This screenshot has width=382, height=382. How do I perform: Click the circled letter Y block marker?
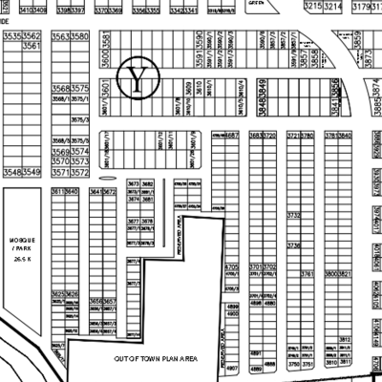(x=139, y=77)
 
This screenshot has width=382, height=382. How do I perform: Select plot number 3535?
(x=12, y=35)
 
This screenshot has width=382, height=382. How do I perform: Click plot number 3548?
(x=12, y=172)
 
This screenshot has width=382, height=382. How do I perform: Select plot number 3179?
(x=361, y=6)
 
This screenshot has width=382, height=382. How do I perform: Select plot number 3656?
(x=95, y=301)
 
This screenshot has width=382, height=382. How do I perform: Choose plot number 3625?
(x=57, y=294)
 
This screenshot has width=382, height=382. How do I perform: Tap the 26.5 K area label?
(x=22, y=260)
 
